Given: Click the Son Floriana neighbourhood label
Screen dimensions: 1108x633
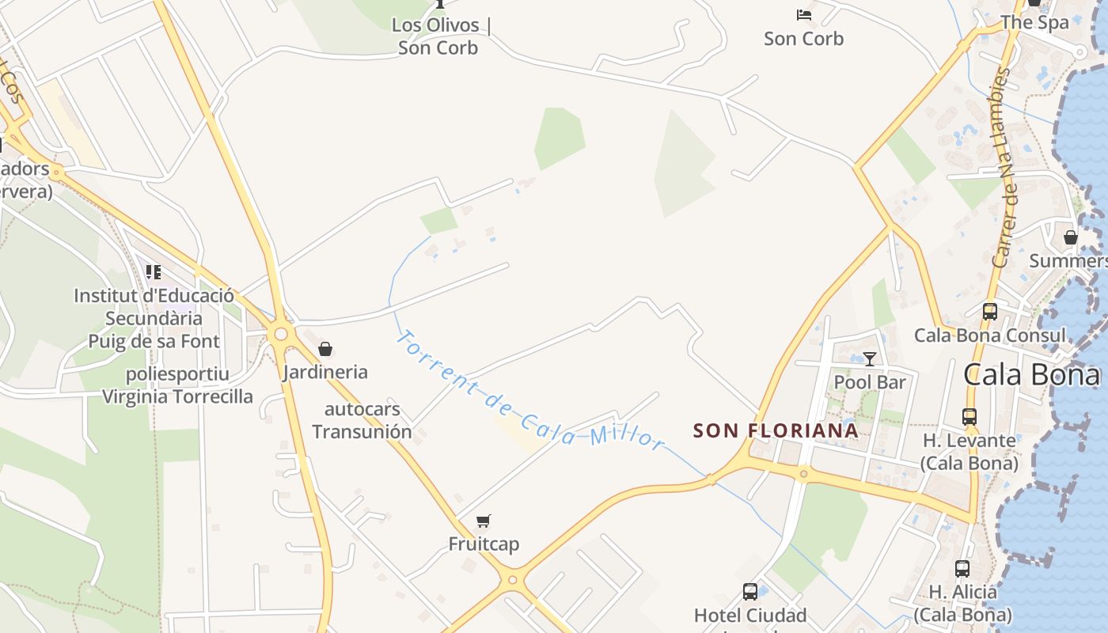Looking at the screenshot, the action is coord(776,430).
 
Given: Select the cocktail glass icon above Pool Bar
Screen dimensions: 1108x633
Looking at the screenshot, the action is coord(870,359).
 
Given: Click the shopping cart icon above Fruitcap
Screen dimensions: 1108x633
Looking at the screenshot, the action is coord(484,521).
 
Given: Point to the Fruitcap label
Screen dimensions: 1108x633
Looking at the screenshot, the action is coord(484,544).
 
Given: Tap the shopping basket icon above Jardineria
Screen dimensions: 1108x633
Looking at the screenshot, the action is coord(324,349).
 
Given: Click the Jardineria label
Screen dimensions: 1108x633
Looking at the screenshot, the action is coord(324,372).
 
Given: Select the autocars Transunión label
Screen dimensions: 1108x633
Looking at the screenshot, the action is coord(362,420).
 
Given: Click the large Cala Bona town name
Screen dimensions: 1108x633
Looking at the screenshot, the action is coord(1031,375).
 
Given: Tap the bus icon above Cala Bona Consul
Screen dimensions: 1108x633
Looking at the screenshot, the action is coord(990,312).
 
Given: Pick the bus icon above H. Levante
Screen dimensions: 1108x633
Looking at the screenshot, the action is coord(970,416).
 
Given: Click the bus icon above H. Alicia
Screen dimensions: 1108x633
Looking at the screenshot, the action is coord(962,568).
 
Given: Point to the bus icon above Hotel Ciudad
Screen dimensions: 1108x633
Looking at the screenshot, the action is coord(750,591).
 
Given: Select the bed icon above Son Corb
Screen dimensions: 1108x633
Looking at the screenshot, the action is coord(804,15).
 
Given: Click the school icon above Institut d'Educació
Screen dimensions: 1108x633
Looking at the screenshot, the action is coord(154,272).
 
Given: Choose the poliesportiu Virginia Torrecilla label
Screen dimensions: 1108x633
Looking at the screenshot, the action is coord(177,385).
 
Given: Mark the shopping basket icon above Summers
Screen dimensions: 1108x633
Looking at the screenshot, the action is coord(1071,237).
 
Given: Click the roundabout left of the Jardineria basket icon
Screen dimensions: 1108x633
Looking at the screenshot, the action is coord(280,334).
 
